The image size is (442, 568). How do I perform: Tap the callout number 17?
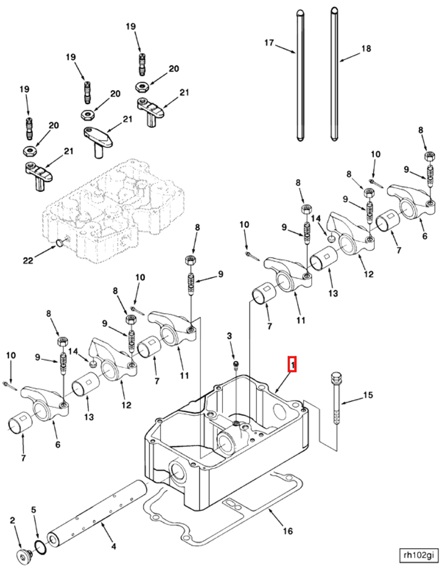(269, 42)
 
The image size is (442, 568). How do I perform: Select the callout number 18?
(366, 49)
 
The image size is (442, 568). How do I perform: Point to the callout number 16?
(288, 531)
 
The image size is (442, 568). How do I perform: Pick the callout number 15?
(368, 396)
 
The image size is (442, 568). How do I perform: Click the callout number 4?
(113, 546)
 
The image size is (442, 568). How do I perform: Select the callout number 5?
(34, 510)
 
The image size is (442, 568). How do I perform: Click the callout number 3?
(229, 336)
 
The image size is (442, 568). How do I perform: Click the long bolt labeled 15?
(336, 407)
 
